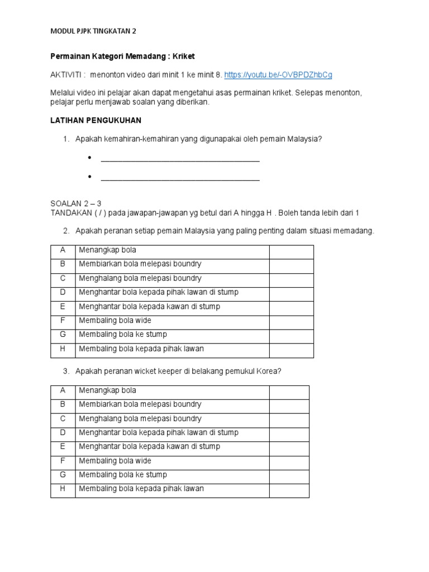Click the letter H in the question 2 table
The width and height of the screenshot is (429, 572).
pyautogui.click(x=63, y=349)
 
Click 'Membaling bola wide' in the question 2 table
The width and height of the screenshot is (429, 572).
pyautogui.click(x=115, y=321)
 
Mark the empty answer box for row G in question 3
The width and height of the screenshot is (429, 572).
pyautogui.click(x=289, y=475)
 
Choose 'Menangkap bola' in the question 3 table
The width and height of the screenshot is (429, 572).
pyautogui.click(x=107, y=390)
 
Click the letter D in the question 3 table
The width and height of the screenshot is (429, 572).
pyautogui.click(x=63, y=432)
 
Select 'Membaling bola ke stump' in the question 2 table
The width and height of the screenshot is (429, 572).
pyautogui.click(x=123, y=335)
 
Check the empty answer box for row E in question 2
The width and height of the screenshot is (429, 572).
pyautogui.click(x=291, y=307)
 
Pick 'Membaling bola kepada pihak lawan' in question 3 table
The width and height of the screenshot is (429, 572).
pyautogui.click(x=141, y=489)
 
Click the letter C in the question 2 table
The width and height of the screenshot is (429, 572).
pyautogui.click(x=63, y=278)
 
